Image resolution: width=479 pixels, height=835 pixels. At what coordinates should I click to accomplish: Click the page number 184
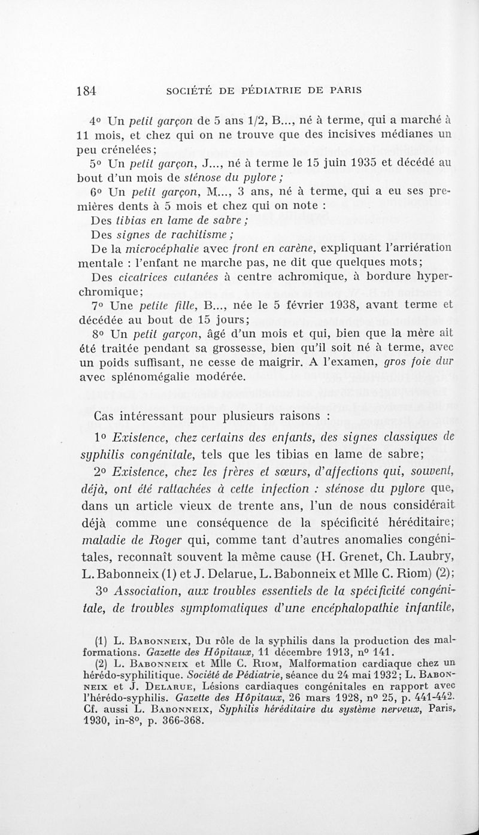(87, 91)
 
